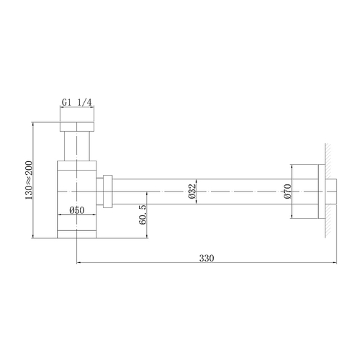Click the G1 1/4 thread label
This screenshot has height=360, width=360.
[x=76, y=102]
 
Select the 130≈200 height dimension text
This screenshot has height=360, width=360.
[x=29, y=180]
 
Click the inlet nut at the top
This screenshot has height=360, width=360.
[x=76, y=129]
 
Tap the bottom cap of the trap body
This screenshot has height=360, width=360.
[x=76, y=233]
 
